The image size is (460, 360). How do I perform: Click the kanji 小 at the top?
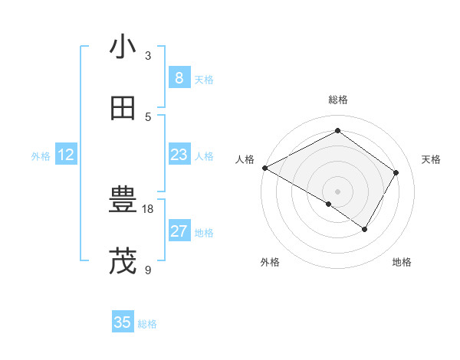point(123,47)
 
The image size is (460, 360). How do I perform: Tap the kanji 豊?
point(123,201)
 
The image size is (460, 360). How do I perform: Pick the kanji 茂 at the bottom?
point(123,261)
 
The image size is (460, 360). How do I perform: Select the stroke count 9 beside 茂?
point(148,270)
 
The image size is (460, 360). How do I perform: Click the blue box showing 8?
point(179,77)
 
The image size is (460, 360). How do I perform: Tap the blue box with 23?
point(179,155)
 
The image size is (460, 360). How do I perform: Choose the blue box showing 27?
point(179,231)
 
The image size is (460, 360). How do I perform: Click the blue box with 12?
point(66,155)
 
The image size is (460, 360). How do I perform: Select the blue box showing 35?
point(123,322)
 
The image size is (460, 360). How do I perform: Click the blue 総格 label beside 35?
point(147,324)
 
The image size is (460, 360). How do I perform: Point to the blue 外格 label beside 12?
point(41,156)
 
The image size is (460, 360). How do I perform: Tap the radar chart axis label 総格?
point(338,100)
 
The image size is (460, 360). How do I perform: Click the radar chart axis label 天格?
point(432,159)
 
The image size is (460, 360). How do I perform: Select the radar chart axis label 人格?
point(245,159)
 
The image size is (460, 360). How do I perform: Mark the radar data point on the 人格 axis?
point(264,168)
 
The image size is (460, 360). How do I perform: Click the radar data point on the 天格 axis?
point(396,172)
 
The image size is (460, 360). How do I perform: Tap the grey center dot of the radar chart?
point(338,191)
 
